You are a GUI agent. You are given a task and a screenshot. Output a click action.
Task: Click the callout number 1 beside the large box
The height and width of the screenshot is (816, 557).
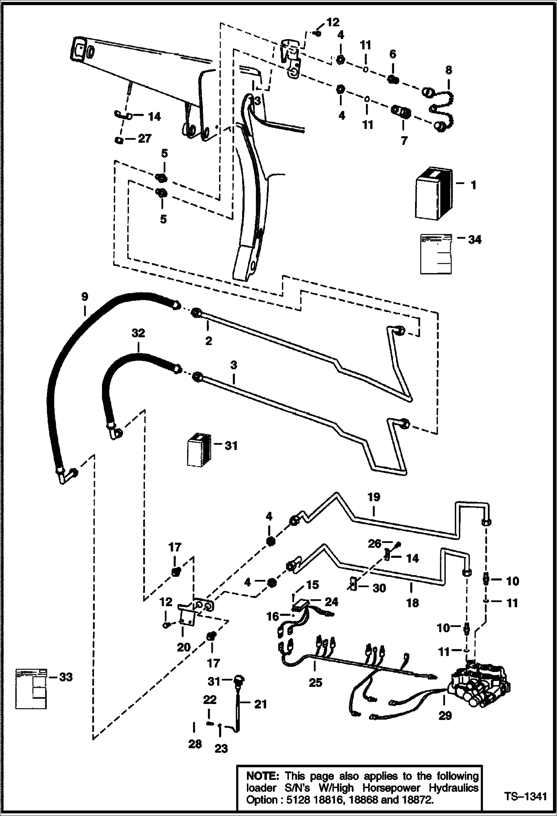pyautogui.click(x=473, y=185)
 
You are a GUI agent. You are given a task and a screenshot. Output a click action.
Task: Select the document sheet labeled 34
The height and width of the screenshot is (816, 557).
pyautogui.click(x=436, y=254)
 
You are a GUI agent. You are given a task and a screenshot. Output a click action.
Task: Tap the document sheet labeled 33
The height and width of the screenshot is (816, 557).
pyautogui.click(x=31, y=688)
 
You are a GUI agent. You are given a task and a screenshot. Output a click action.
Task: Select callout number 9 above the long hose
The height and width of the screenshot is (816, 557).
pyautogui.click(x=84, y=297)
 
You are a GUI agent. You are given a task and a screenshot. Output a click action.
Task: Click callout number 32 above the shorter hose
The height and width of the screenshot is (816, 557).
pyautogui.click(x=138, y=333)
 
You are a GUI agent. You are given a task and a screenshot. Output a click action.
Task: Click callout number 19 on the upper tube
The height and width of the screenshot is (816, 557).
pyautogui.click(x=374, y=497)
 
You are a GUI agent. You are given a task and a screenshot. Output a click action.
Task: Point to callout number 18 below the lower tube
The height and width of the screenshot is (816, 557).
pyautogui.click(x=412, y=603)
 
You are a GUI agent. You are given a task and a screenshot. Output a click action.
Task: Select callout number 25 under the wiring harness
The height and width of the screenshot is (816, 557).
pyautogui.click(x=315, y=682)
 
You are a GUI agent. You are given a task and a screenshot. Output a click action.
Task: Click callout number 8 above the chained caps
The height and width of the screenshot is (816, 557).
pyautogui.click(x=448, y=70)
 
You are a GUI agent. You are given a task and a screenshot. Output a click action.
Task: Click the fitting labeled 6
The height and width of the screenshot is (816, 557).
pyautogui.click(x=392, y=79)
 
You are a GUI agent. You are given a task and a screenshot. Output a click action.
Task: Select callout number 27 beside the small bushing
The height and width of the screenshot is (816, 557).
pyautogui.click(x=145, y=139)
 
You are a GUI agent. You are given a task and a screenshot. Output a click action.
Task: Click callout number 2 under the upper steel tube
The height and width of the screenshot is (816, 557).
pyautogui.click(x=208, y=340)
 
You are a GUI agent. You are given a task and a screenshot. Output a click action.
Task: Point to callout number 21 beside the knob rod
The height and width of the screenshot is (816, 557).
pyautogui.click(x=260, y=704)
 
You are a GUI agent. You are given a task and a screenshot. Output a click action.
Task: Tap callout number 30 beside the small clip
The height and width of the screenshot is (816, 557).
pyautogui.click(x=379, y=588)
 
